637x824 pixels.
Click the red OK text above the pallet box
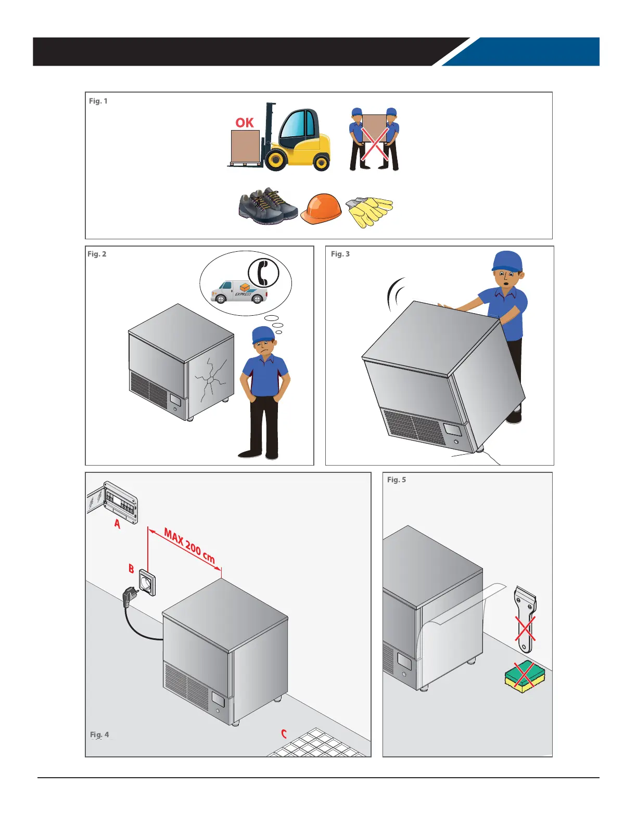tap(244, 122)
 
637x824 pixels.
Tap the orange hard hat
tap(321, 209)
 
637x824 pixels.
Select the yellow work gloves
tap(369, 211)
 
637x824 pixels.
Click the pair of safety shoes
tap(268, 207)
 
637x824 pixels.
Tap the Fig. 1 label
tap(98, 101)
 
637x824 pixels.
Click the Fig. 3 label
tap(340, 254)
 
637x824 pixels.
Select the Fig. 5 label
tap(397, 479)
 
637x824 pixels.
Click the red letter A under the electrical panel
tap(117, 524)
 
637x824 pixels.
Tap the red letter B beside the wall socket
tap(131, 569)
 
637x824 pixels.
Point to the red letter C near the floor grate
tap(284, 734)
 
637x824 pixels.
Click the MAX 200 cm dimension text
tap(189, 546)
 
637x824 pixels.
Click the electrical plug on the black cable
tap(130, 596)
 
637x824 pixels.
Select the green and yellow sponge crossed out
tap(524, 676)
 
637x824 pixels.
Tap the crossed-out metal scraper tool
tap(526, 619)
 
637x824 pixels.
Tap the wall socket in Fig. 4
tap(147, 583)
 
